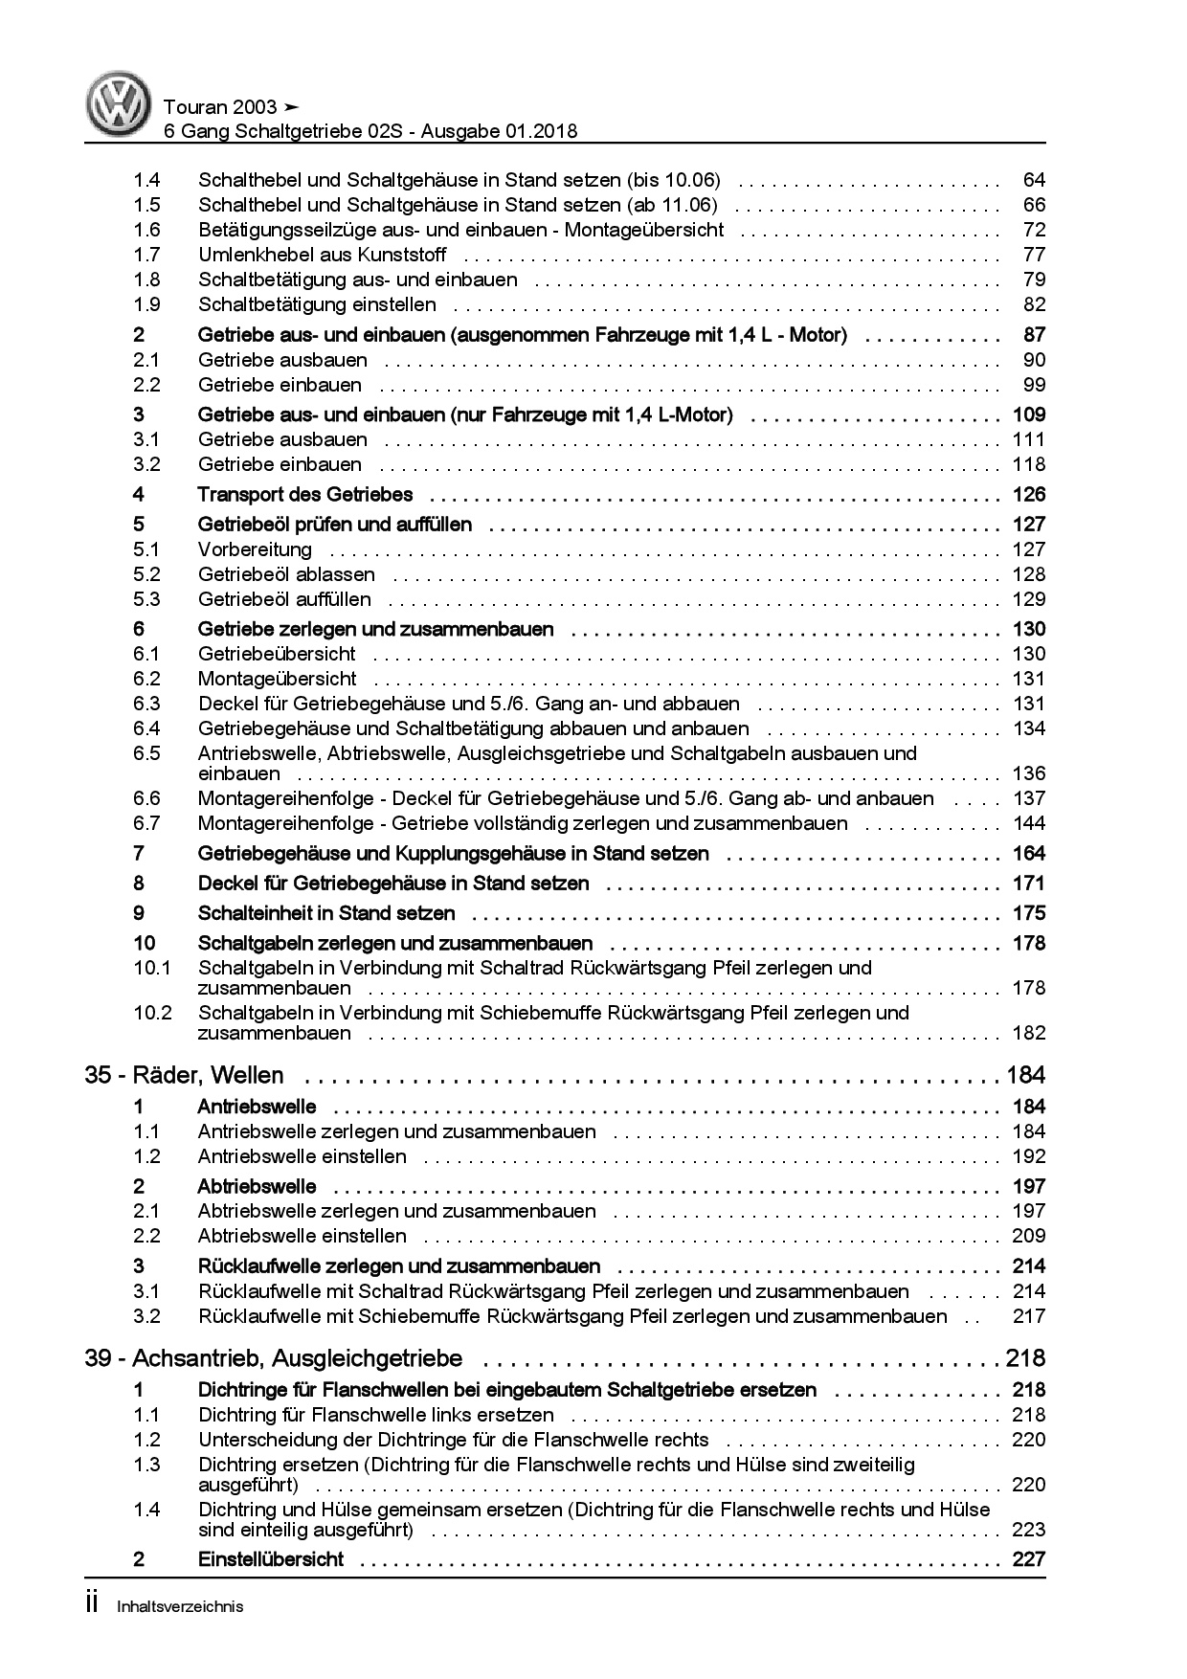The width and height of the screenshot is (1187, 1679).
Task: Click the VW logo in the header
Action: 121,104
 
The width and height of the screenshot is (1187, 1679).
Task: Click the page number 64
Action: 1034,180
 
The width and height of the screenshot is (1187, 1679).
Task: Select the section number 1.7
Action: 146,255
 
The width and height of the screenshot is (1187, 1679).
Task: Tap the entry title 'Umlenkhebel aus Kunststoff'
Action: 322,255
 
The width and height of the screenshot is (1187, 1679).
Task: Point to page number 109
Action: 1028,414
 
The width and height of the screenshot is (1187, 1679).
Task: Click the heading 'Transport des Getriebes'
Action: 304,495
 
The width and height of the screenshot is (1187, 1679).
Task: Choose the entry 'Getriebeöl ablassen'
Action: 286,574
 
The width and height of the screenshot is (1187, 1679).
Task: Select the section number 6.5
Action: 146,753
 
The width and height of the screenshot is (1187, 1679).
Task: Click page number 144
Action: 1028,823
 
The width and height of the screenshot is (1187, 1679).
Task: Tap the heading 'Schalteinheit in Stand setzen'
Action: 325,913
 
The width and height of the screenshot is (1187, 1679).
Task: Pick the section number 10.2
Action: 152,1013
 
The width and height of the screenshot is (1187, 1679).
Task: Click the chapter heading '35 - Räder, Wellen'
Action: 184,1076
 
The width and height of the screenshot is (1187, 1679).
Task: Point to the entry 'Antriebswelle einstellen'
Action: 302,1156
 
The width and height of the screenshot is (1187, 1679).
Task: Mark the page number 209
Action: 1028,1236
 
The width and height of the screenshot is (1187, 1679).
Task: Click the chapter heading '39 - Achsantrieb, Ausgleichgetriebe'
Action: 273,1358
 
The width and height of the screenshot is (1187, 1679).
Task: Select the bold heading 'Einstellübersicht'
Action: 270,1559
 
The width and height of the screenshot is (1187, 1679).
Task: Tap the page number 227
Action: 1028,1559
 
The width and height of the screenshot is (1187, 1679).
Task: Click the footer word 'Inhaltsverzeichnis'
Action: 180,1607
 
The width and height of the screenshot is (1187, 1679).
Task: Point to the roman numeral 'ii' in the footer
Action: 93,1605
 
